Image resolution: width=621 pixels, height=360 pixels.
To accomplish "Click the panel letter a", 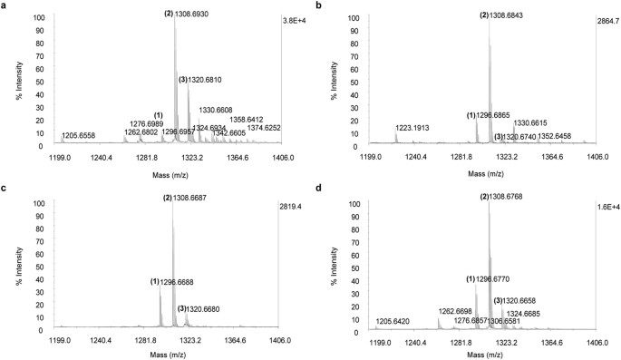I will [5, 6].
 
